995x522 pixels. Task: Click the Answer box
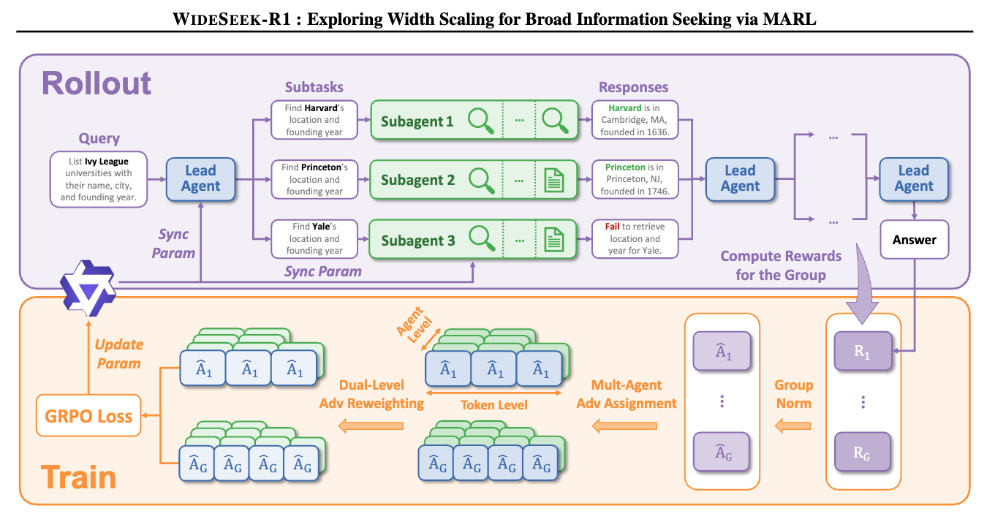coord(914,239)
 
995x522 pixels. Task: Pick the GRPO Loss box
coord(88,417)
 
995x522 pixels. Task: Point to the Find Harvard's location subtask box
coord(314,120)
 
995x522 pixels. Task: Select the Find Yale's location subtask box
coord(314,238)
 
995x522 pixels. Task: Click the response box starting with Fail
coord(635,238)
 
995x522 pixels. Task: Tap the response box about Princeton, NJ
coord(635,179)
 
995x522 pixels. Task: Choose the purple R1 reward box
coord(863,352)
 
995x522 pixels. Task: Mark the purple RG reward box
coord(863,451)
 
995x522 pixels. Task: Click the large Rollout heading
coord(97,83)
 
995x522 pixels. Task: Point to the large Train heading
coord(78,477)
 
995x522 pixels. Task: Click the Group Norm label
coord(794,393)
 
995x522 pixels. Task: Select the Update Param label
coord(118,353)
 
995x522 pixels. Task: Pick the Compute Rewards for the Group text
coord(781,265)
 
